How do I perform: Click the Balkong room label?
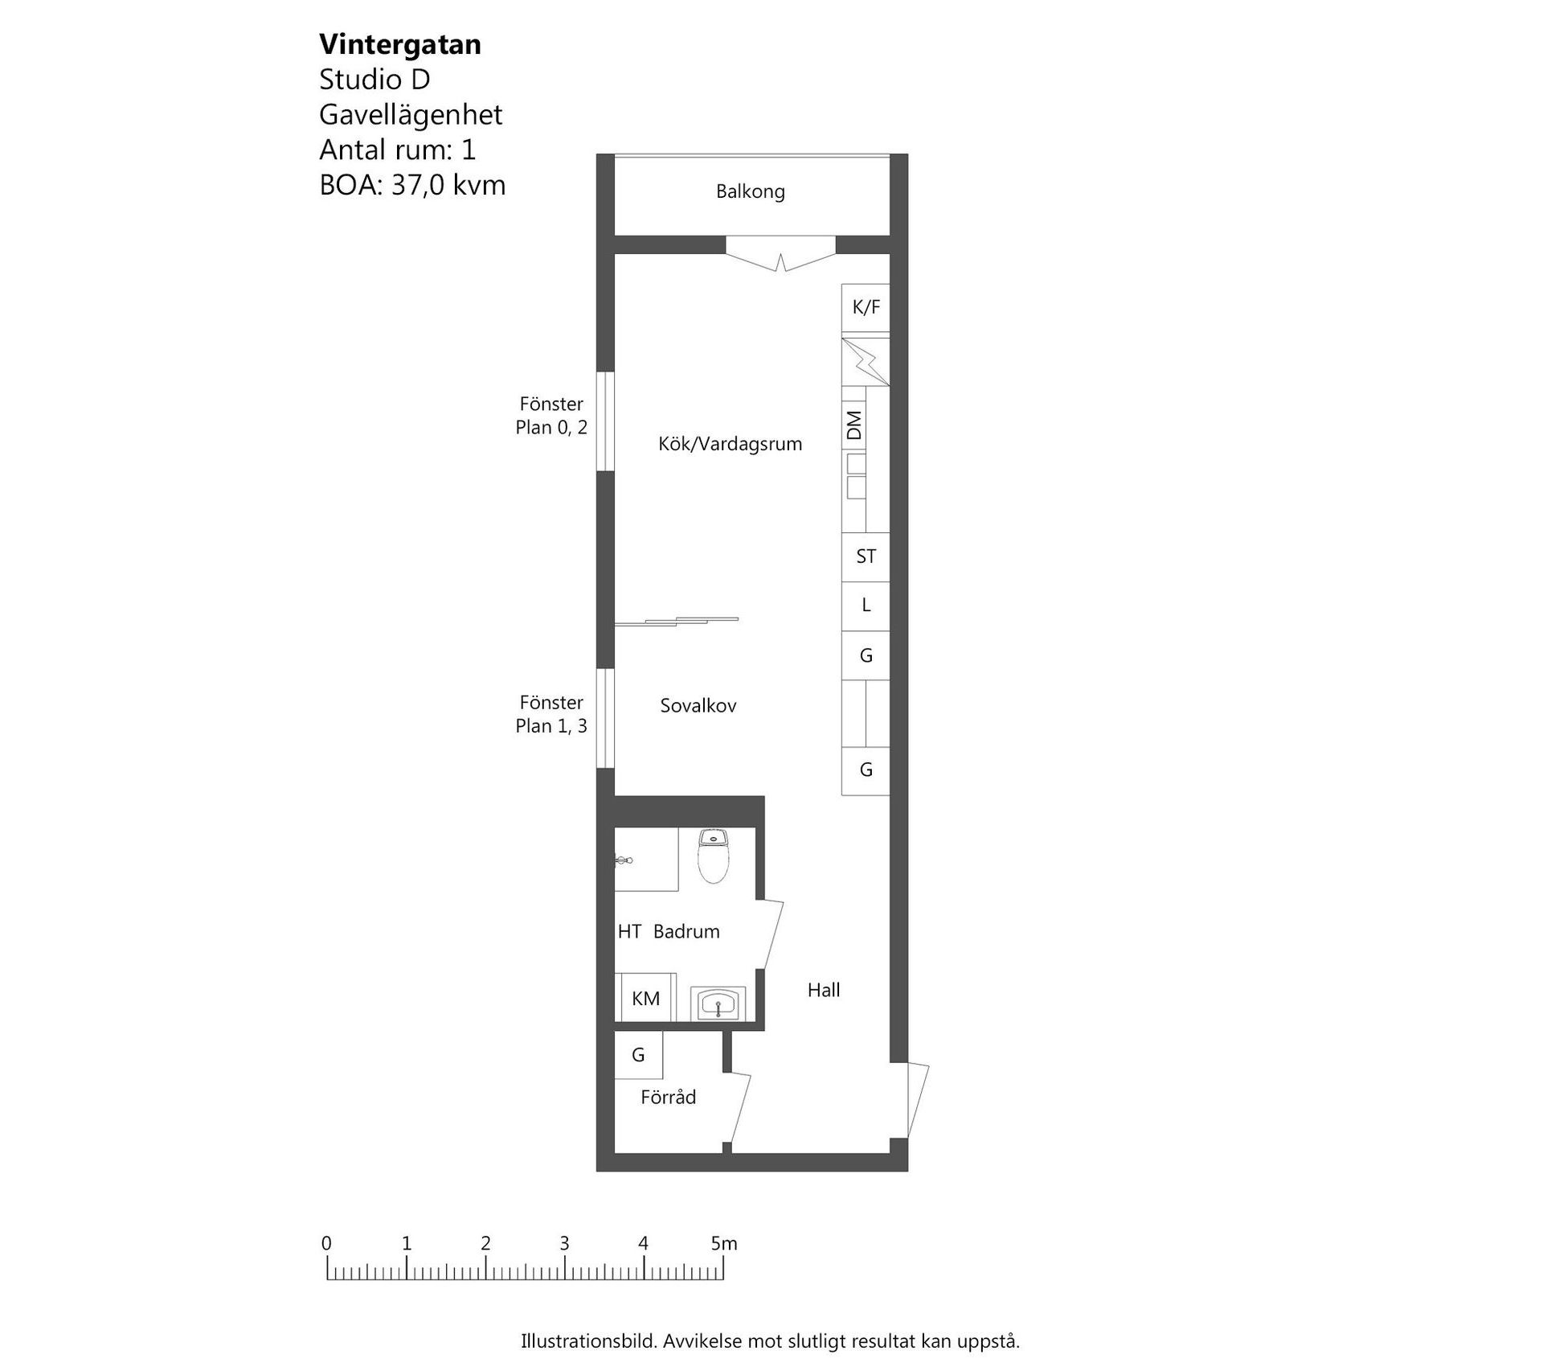(x=750, y=192)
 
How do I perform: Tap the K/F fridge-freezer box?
(x=866, y=308)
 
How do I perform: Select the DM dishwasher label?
(x=854, y=425)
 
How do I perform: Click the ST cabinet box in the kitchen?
(x=866, y=556)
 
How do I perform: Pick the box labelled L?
(x=866, y=605)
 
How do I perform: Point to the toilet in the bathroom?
(x=713, y=856)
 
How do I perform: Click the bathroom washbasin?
(x=718, y=1004)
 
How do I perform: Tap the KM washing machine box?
(x=645, y=998)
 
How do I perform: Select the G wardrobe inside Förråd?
(x=639, y=1055)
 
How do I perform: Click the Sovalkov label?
(x=698, y=706)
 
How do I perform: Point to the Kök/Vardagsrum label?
(x=730, y=444)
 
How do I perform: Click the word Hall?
(x=824, y=990)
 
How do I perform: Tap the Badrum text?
(x=686, y=931)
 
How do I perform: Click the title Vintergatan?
(x=400, y=44)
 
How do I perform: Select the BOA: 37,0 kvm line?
(x=412, y=185)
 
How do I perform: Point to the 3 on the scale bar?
(x=564, y=1243)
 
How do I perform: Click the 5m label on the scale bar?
(x=724, y=1243)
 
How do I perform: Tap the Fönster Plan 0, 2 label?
(x=551, y=416)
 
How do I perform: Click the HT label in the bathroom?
(x=629, y=931)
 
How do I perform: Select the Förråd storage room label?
(x=668, y=1097)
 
